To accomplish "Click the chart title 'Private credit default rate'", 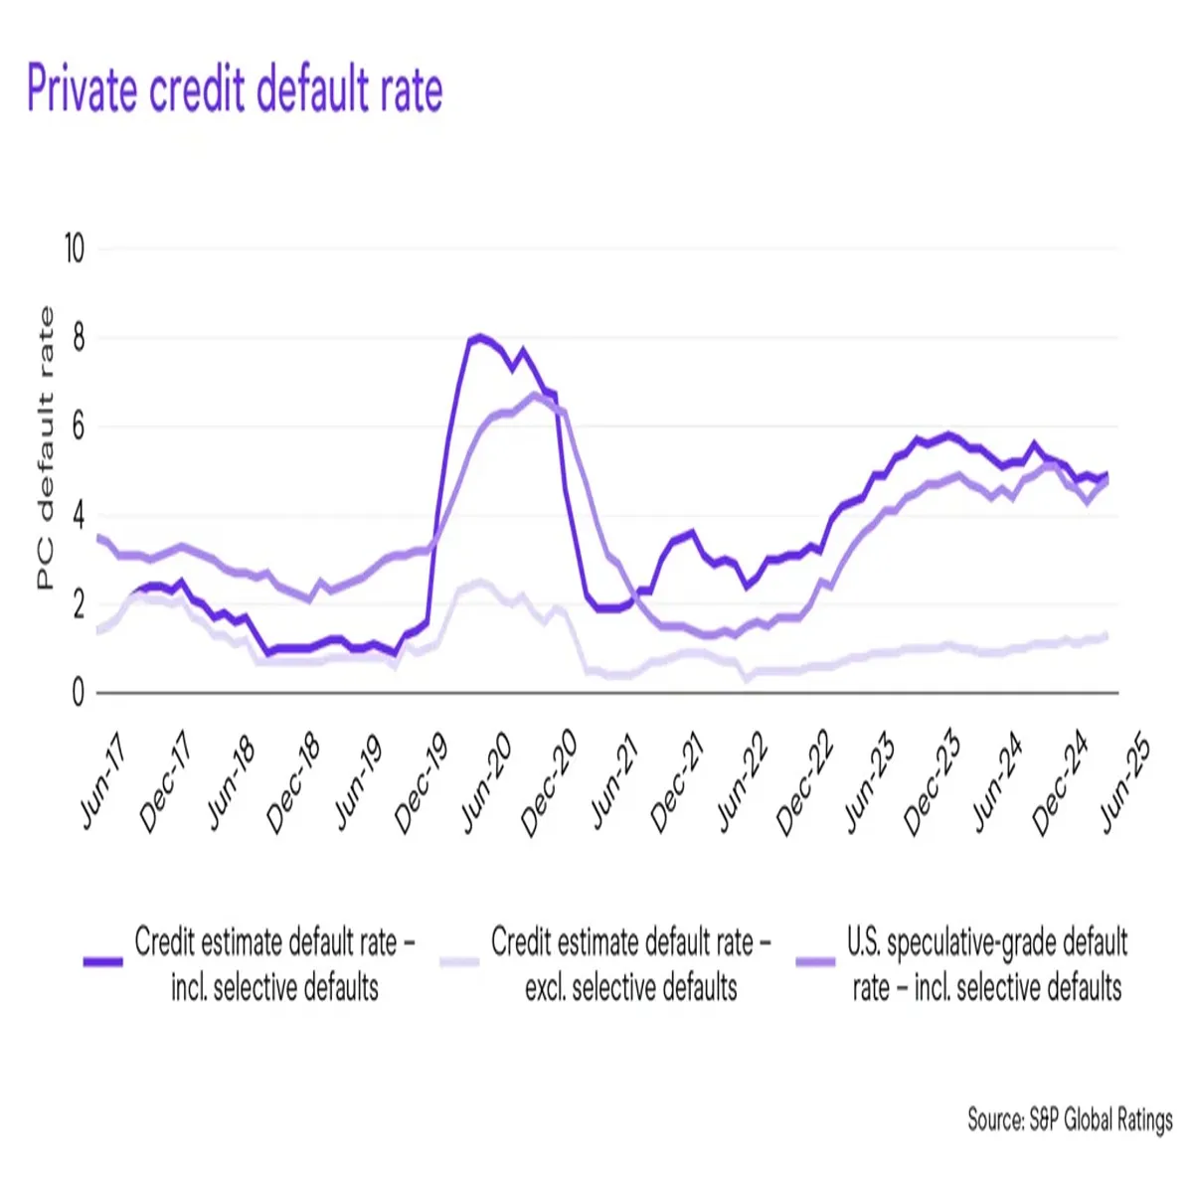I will [x=235, y=89].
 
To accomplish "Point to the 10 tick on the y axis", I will [x=75, y=249].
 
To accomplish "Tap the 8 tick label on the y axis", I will [x=78, y=338].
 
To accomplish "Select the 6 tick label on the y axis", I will [x=78, y=427].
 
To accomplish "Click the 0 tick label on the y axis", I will [x=78, y=693].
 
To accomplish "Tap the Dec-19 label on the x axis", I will [x=422, y=785].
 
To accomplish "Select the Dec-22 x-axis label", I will [x=803, y=785].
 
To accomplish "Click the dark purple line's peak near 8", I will [x=480, y=337].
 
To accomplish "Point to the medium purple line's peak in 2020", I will [x=535, y=395].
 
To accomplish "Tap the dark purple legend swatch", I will [x=102, y=962].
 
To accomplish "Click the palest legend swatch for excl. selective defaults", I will [x=458, y=962].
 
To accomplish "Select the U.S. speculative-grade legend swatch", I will [x=815, y=962].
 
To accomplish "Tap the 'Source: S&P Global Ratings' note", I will [x=1070, y=1119].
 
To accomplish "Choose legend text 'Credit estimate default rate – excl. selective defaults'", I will [x=630, y=963].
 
